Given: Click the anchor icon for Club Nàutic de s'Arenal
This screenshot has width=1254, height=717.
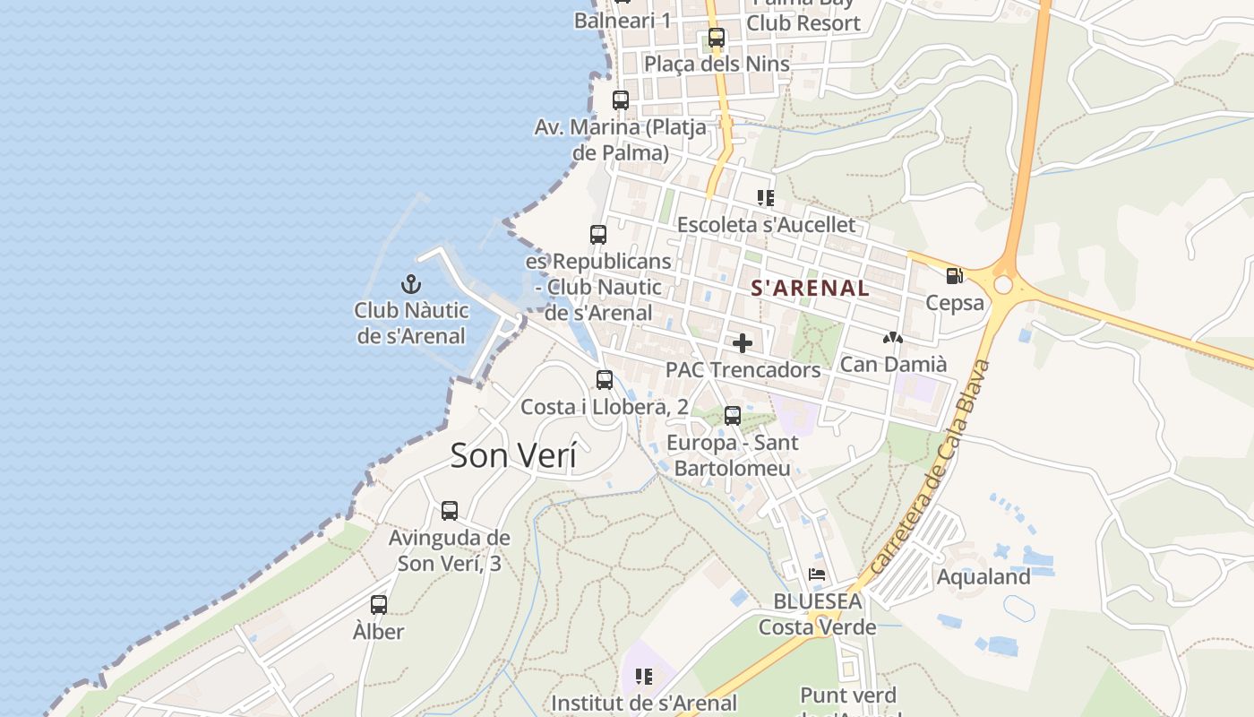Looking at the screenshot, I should pos(411,284).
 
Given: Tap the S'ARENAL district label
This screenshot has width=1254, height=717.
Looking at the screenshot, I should pos(810,288).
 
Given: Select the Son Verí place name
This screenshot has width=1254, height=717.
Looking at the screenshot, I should pos(513,455).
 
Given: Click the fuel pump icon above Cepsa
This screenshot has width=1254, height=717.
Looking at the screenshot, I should pos(955,276).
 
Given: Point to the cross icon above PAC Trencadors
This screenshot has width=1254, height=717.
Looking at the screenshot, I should pos(743,343).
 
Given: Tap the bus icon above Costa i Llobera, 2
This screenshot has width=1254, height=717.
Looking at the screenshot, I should pos(605,380).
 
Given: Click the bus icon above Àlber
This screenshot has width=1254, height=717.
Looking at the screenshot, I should pos(379,605).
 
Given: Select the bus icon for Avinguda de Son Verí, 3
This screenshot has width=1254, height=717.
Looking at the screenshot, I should pos(450,511).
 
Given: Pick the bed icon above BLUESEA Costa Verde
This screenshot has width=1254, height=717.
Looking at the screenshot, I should pos(817,574).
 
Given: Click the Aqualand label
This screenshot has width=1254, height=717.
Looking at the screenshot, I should pos(983,576).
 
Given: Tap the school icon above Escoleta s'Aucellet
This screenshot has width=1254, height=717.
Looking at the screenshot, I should pos(765,197).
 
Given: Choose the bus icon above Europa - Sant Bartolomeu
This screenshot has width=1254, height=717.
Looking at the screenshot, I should pos(733,416).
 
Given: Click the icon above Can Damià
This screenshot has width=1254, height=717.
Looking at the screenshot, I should pos(892,338).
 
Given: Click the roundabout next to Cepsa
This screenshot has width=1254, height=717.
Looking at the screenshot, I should pos(1003,284).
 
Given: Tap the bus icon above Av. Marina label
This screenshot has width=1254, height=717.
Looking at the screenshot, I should pos(621,100).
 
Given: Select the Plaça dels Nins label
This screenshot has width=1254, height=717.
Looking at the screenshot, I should pos(717,64).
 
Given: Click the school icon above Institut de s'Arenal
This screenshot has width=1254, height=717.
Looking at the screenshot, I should pos(643,677).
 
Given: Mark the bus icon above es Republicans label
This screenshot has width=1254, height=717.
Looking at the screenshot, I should pos(598,235).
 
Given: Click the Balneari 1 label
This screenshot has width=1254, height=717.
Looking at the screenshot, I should pos(623,21).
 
